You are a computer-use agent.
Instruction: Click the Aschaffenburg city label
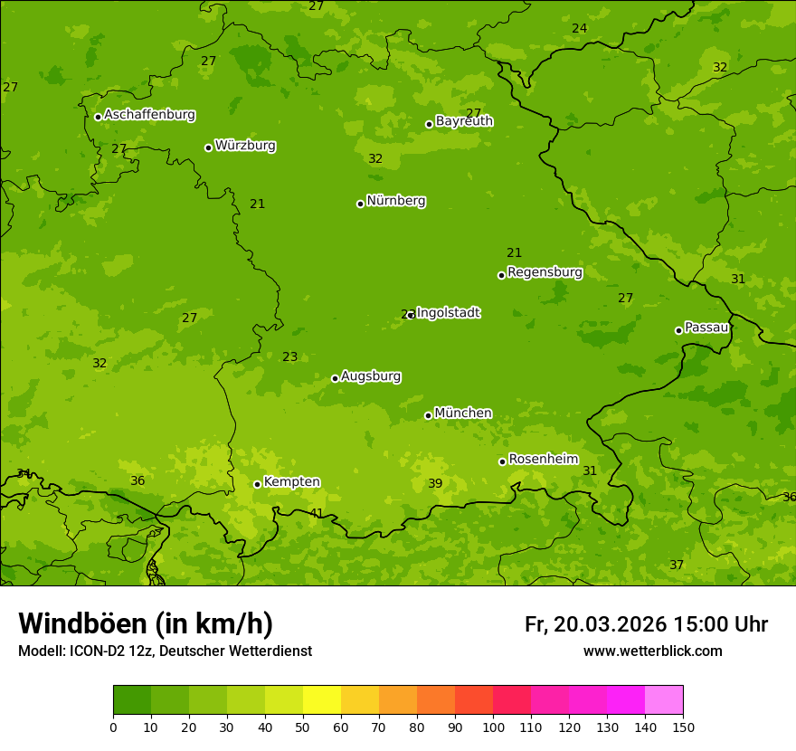click(x=149, y=115)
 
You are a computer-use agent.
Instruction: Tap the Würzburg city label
click(x=245, y=146)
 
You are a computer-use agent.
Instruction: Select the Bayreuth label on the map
click(x=464, y=121)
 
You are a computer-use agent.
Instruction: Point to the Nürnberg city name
click(x=395, y=201)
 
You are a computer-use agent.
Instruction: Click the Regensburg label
click(x=545, y=272)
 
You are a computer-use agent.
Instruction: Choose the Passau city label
click(x=706, y=328)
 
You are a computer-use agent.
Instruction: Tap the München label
click(x=463, y=414)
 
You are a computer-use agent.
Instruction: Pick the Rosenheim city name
click(x=543, y=460)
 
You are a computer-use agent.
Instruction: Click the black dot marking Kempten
click(x=257, y=484)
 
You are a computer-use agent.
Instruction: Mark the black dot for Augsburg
click(x=335, y=378)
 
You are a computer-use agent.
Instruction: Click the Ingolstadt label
click(x=449, y=313)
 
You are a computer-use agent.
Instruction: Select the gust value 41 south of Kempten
click(x=317, y=514)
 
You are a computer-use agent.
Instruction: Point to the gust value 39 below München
click(x=435, y=484)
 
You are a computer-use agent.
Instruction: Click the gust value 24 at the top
click(x=579, y=29)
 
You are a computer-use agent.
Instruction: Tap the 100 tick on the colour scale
click(x=493, y=727)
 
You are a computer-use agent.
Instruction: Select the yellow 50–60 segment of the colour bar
click(x=322, y=700)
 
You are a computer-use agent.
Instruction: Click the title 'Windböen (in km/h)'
click(x=146, y=623)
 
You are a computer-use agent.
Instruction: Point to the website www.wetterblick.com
click(x=652, y=651)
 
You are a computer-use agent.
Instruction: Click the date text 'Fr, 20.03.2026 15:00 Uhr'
click(x=646, y=624)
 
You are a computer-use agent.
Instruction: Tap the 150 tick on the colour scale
click(x=683, y=727)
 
